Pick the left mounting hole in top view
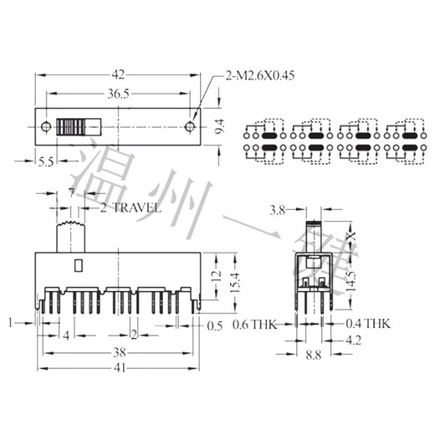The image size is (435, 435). pos(44,128)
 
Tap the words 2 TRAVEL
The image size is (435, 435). pos(129,207)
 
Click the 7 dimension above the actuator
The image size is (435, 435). pos(72,193)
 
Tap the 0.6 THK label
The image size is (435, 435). pos(254,324)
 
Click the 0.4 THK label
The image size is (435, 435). pos(368,324)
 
